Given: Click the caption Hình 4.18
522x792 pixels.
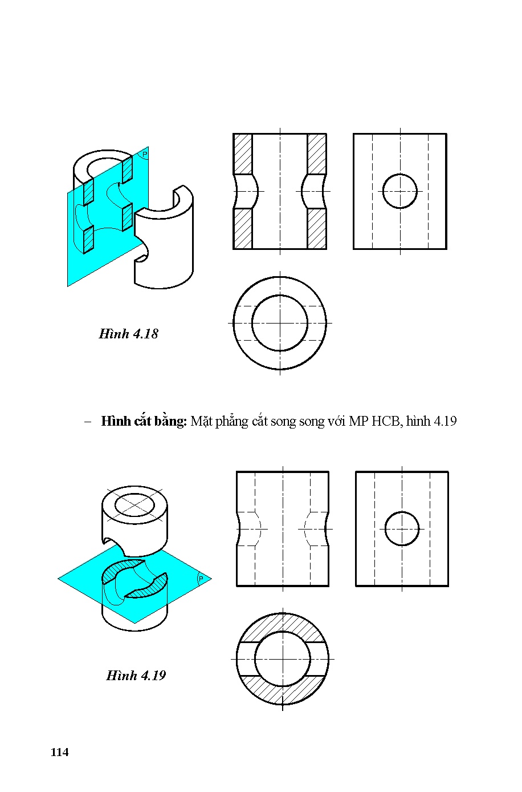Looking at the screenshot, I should coord(128,334).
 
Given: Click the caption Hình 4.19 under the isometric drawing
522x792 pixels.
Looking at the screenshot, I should coord(136,676).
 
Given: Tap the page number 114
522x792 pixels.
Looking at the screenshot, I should coord(59,753).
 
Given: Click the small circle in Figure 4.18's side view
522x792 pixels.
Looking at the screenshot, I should coord(399,191).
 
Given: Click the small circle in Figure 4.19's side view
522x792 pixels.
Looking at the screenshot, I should coord(402,528).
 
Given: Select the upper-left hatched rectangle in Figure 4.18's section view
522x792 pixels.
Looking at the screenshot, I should coord(243,153).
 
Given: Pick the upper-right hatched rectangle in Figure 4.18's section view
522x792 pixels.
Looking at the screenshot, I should coord(317,153).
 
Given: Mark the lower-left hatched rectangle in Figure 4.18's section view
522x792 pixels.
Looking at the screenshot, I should coord(243,228).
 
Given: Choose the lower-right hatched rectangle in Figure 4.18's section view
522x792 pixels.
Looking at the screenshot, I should coord(317,228).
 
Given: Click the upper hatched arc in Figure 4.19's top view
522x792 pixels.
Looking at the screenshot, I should coord(282,627).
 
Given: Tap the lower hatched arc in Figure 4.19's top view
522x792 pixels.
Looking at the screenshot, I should coord(282,692).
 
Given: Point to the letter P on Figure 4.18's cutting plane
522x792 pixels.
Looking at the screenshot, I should coord(144,155).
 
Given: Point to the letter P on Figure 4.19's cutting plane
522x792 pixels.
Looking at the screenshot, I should coord(201,579).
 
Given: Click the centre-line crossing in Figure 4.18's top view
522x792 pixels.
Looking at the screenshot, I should coord(280,323).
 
